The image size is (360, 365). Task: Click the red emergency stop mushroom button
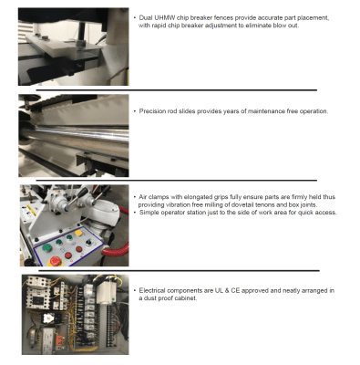pos(56,261)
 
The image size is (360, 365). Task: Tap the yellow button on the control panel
pos(78,233)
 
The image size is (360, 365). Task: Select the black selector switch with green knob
pos(88,243)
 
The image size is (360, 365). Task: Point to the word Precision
pos(153,111)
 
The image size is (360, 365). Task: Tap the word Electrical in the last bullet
pos(152,290)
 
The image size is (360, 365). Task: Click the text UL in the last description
pos(219,290)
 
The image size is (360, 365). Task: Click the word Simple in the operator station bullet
pos(149,213)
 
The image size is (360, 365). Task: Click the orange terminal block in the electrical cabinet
pos(58,339)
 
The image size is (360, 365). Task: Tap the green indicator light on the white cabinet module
pos(114,298)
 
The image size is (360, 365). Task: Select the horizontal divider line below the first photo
pos(177,90)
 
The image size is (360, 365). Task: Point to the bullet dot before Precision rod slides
pos(135,111)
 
